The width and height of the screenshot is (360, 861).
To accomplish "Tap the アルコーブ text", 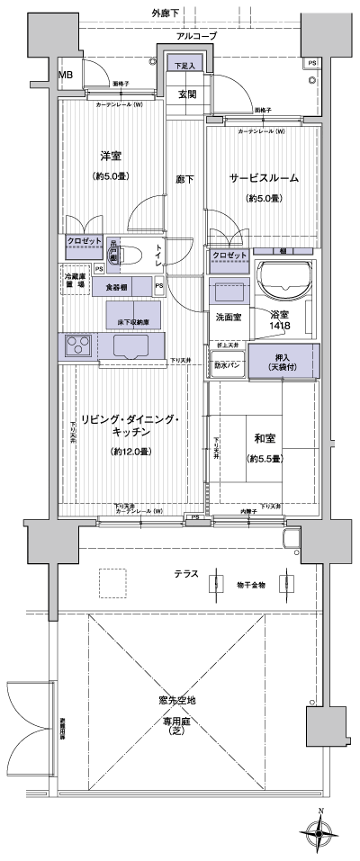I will pyautogui.click(x=197, y=36).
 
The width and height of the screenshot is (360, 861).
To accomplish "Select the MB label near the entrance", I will pyautogui.click(x=67, y=75).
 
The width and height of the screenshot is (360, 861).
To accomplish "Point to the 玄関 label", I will pyautogui.click(x=187, y=94).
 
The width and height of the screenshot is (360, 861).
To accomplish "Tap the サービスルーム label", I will pyautogui.click(x=263, y=178).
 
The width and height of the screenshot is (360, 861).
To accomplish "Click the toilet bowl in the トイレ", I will pyautogui.click(x=127, y=254).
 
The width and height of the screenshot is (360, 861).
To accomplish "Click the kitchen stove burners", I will pyautogui.click(x=77, y=344).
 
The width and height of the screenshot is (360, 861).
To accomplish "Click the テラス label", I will pyautogui.click(x=187, y=573).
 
